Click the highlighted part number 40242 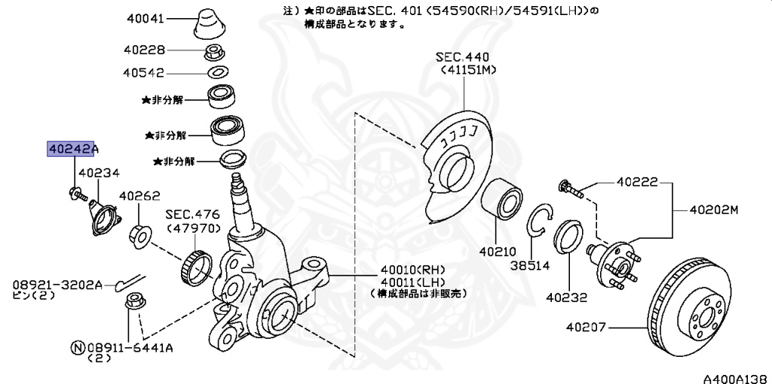tap(70, 149)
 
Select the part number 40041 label tap(144, 17)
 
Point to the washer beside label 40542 tap(218, 73)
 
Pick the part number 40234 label tap(99, 172)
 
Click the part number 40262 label tap(139, 196)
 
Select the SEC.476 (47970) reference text tap(192, 221)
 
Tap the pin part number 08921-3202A tap(57, 285)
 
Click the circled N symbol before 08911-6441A tap(76, 347)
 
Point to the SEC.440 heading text tap(462, 57)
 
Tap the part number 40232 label tap(568, 297)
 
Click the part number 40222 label tap(637, 182)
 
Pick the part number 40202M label tap(712, 209)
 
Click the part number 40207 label tap(587, 327)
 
